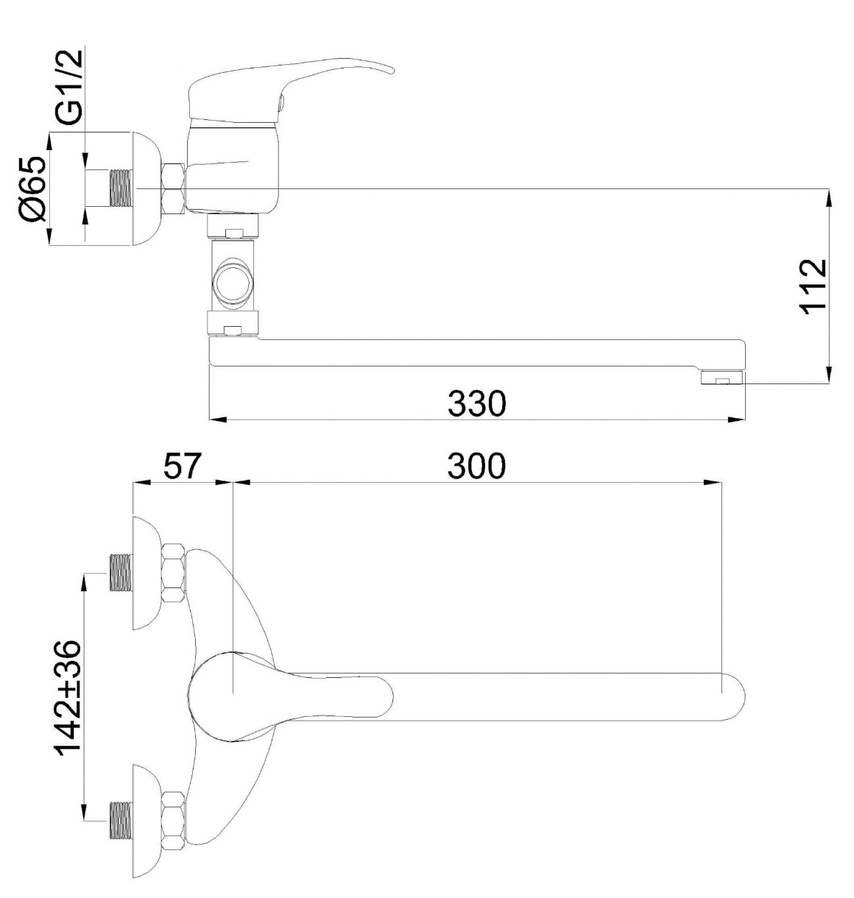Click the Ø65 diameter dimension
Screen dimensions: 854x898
pyautogui.click(x=32, y=190)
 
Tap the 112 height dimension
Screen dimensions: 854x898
pyautogui.click(x=813, y=287)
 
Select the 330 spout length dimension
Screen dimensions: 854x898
pyautogui.click(x=476, y=403)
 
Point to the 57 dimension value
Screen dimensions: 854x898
pyautogui.click(x=182, y=466)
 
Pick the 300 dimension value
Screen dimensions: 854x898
pyautogui.click(x=476, y=466)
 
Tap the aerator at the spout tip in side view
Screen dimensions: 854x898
pyautogui.click(x=721, y=378)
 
